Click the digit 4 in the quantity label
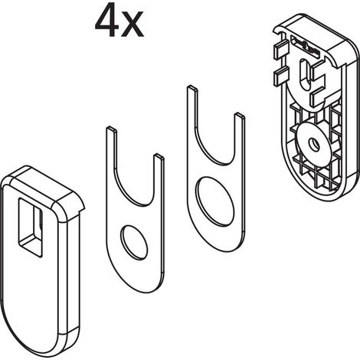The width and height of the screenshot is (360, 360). click(x=106, y=21)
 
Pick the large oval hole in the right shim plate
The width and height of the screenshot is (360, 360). click(x=216, y=201)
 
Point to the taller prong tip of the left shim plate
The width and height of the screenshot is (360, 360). click(x=111, y=129)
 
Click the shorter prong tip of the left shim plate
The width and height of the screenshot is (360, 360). click(x=159, y=156)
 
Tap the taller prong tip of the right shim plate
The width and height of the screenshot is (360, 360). click(x=192, y=88)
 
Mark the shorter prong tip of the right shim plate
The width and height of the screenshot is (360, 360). click(x=240, y=116)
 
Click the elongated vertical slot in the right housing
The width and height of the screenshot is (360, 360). click(x=305, y=74)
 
